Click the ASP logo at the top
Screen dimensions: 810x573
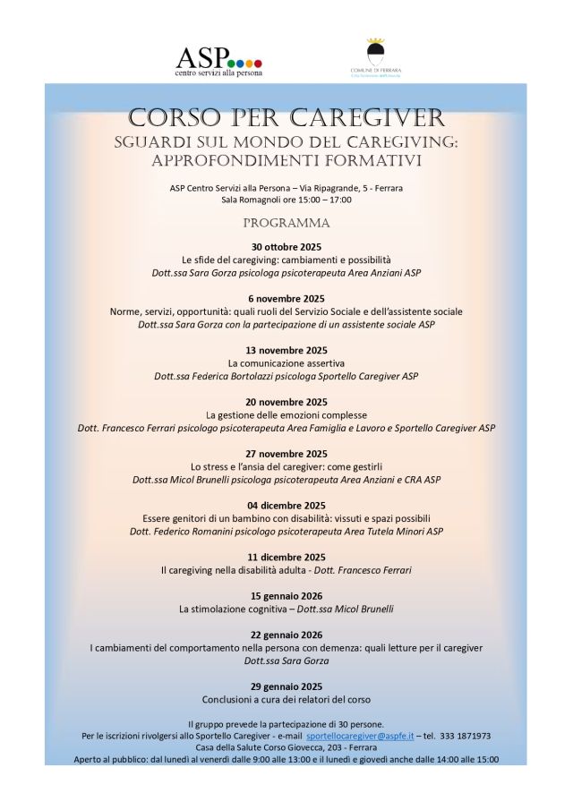coord(218,60)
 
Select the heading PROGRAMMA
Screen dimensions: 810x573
coord(286,222)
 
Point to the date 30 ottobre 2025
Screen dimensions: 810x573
coord(286,246)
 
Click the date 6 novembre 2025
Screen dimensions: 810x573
coord(286,298)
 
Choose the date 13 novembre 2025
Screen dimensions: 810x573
coord(286,350)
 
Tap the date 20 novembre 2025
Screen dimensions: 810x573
coord(286,402)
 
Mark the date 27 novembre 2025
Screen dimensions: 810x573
coord(286,454)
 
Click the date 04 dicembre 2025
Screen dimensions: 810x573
coord(286,505)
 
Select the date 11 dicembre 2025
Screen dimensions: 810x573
coord(286,557)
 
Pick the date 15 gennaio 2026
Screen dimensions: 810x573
coord(286,596)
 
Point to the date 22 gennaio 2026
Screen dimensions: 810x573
coord(286,635)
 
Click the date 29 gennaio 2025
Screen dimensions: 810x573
coord(286,686)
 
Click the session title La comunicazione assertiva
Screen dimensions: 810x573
coord(286,363)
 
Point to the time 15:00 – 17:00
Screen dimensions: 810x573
coord(318,200)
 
